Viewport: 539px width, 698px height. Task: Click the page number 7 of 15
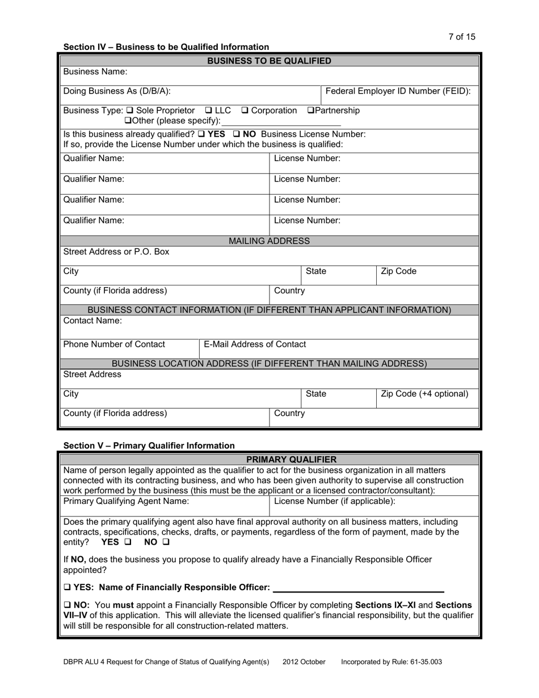pos(461,37)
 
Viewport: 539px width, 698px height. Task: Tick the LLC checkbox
pos(208,110)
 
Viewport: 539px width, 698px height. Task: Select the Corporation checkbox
pos(245,110)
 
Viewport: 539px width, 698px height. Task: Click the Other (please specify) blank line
pos(281,121)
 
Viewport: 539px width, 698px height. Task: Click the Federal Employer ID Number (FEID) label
pos(398,91)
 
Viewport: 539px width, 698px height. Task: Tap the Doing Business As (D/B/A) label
pos(117,91)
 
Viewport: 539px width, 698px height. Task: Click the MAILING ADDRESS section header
pos(269,241)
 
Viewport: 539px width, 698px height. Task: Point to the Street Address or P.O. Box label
pos(116,251)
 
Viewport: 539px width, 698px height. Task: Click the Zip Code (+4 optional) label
pos(424,394)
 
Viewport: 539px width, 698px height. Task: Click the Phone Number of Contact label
pos(115,344)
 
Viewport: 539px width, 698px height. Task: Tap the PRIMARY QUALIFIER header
pos(291,459)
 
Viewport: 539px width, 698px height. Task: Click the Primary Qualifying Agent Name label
pos(126,501)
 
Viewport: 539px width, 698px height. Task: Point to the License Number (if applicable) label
pos(335,501)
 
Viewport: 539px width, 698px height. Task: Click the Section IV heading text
pos(166,47)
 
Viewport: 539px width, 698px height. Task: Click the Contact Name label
pos(92,321)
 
